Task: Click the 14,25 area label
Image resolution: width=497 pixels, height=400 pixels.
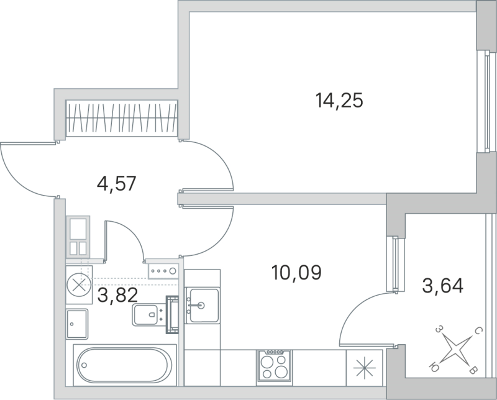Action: [x=339, y=100]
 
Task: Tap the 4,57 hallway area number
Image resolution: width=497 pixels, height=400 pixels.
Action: [x=116, y=184]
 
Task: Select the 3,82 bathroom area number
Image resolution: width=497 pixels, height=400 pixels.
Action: [x=117, y=294]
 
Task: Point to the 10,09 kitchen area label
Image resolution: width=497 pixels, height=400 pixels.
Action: [x=296, y=272]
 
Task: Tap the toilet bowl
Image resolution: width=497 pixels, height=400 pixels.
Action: [x=147, y=316]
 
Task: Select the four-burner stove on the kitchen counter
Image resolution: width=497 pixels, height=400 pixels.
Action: [x=274, y=365]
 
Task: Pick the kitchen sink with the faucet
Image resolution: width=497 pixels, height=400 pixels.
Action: [x=203, y=305]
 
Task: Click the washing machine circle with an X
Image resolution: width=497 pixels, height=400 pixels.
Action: [x=79, y=286]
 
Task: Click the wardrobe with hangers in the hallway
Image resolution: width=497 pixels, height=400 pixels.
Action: [x=122, y=117]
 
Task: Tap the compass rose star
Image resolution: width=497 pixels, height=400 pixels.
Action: [x=457, y=351]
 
